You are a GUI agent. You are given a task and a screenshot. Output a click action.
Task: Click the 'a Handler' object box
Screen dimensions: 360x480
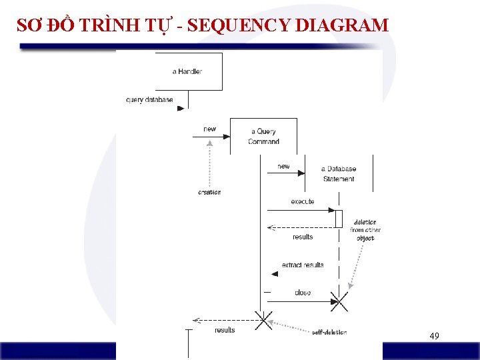pyautogui.click(x=189, y=71)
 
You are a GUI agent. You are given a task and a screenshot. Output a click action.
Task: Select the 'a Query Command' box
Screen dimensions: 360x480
pyautogui.click(x=263, y=136)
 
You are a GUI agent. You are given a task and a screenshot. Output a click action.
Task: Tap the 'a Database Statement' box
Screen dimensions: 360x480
pyautogui.click(x=339, y=173)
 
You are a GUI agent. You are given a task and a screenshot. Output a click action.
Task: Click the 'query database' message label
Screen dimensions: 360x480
pyautogui.click(x=149, y=100)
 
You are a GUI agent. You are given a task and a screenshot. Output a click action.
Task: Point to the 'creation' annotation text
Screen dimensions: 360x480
pyautogui.click(x=209, y=192)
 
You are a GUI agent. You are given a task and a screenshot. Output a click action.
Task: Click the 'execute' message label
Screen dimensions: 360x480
pyautogui.click(x=303, y=201)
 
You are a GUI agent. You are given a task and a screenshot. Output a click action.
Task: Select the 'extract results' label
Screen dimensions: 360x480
pyautogui.click(x=303, y=265)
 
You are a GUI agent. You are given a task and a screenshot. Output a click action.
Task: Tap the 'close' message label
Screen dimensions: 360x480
pyautogui.click(x=302, y=293)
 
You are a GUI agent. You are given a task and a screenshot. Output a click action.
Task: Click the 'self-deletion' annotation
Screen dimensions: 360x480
pyautogui.click(x=329, y=332)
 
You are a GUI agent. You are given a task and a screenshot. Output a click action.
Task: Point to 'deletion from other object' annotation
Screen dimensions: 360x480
pyautogui.click(x=365, y=230)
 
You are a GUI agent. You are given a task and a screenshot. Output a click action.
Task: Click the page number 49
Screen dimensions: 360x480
pyautogui.click(x=434, y=336)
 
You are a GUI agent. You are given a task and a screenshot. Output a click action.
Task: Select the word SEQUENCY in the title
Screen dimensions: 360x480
pyautogui.click(x=239, y=25)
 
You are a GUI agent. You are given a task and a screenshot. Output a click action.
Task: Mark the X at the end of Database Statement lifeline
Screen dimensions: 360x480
pyautogui.click(x=340, y=302)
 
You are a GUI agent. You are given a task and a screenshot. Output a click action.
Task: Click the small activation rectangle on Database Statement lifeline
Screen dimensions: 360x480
pyautogui.click(x=339, y=219)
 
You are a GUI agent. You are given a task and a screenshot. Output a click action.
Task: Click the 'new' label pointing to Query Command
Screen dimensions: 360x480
pyautogui.click(x=210, y=129)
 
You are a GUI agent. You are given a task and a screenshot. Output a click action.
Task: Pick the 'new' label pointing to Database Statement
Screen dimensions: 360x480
pyautogui.click(x=283, y=166)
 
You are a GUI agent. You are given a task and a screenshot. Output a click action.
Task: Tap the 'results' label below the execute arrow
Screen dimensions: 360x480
pyautogui.click(x=303, y=237)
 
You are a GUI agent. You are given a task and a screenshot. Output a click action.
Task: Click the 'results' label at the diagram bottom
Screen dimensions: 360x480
pyautogui.click(x=225, y=330)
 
